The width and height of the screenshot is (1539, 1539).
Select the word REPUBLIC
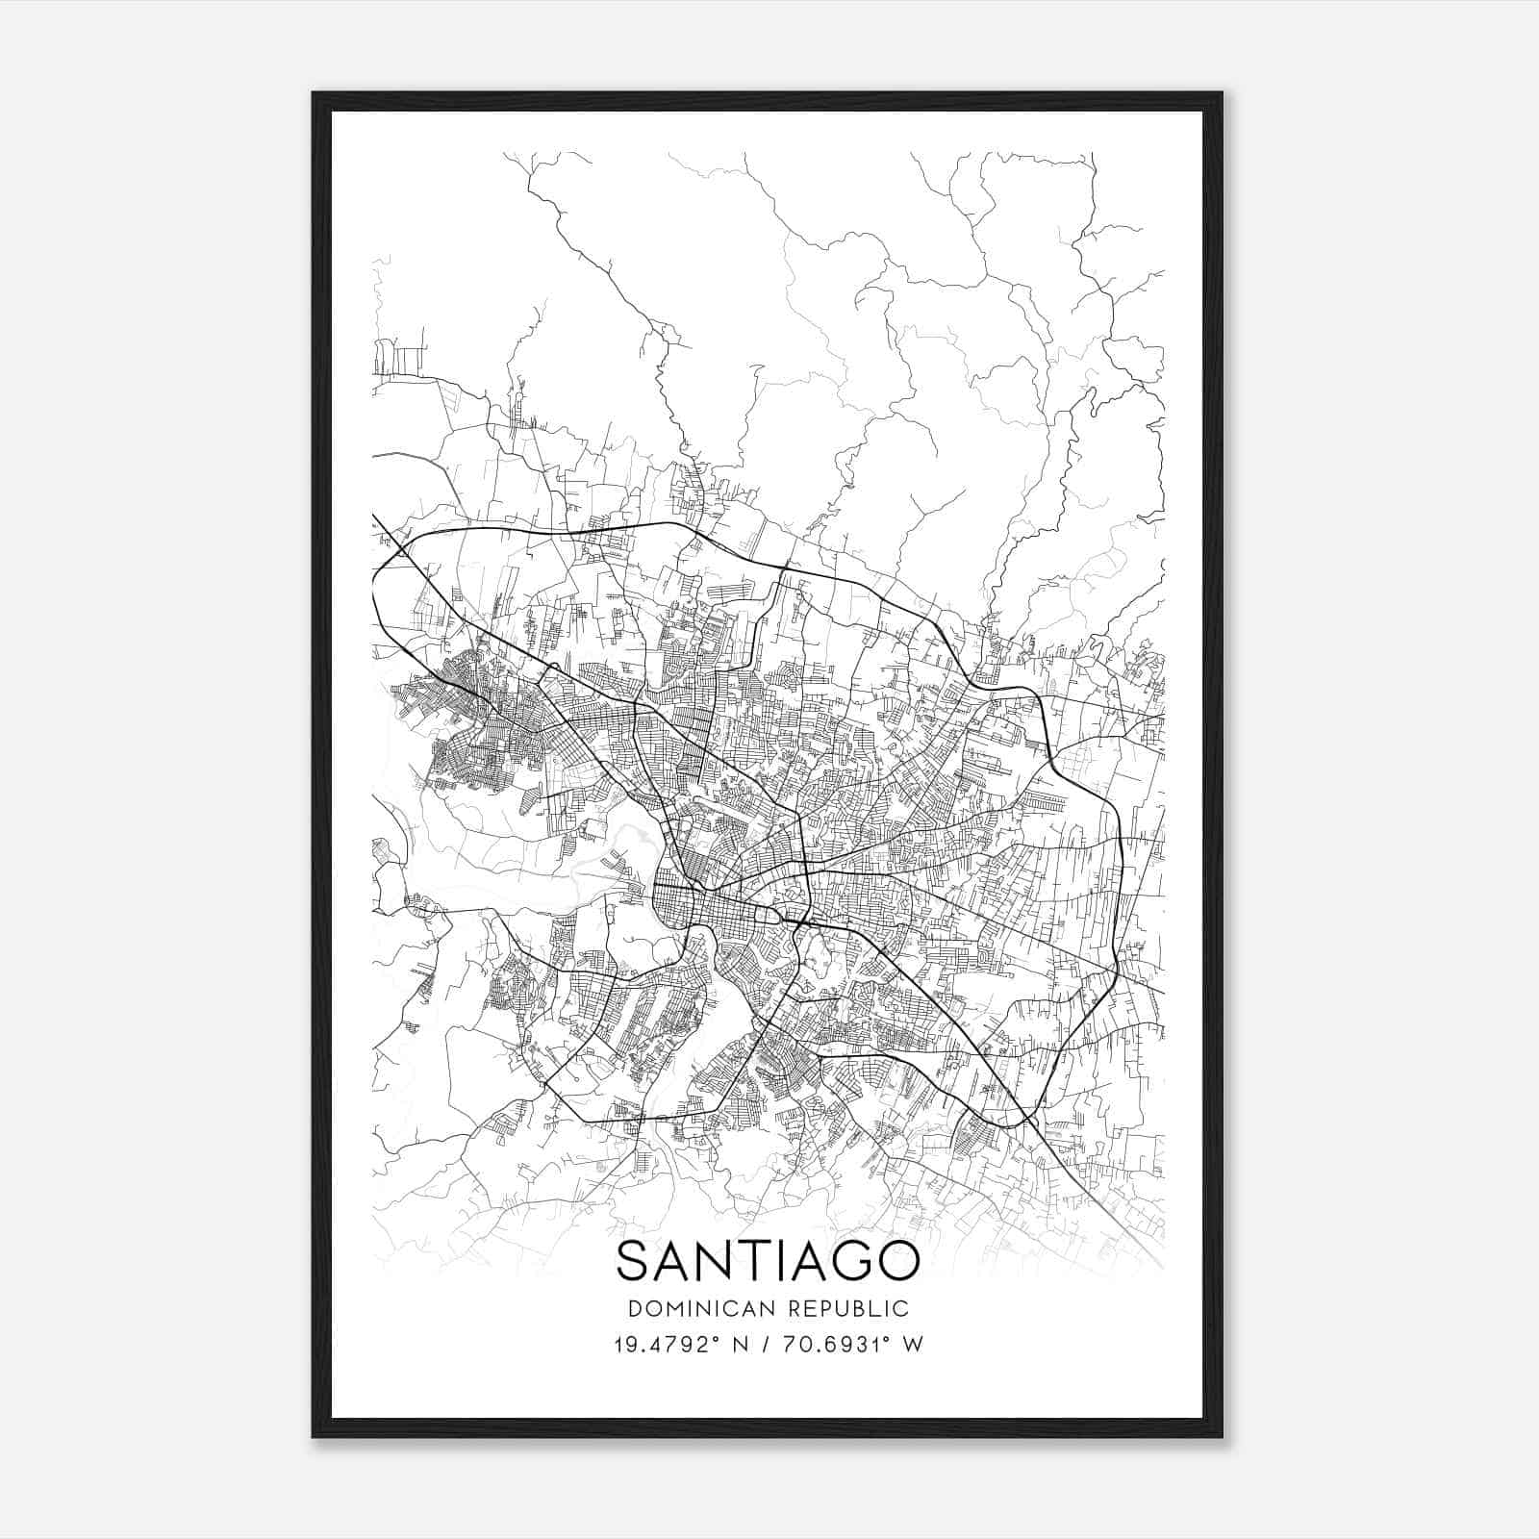[849, 1309]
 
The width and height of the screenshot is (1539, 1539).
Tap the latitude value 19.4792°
[666, 1345]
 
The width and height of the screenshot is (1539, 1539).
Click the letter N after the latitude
[740, 1345]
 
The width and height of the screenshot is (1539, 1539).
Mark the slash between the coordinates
[766, 1345]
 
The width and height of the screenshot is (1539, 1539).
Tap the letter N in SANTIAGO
[717, 1260]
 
